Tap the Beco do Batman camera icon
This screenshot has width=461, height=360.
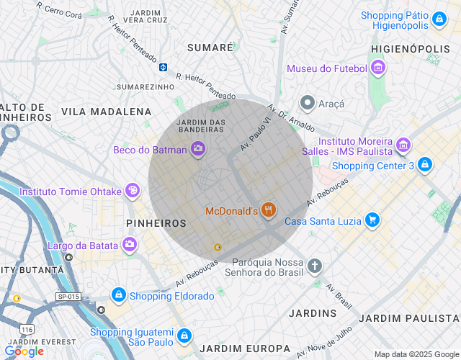point(198,150)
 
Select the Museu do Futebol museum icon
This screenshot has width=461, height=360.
point(378,68)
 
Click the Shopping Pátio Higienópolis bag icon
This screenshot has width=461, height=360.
point(439,19)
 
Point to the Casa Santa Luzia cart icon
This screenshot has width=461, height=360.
point(372,220)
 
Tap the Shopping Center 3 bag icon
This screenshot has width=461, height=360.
point(425,166)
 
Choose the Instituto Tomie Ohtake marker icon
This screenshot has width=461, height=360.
point(133,192)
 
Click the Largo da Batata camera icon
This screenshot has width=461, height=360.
point(129,245)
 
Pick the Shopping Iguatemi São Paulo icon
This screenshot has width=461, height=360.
point(185,336)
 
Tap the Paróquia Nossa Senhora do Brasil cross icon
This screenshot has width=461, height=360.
point(314,266)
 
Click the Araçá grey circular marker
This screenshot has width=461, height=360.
point(308,104)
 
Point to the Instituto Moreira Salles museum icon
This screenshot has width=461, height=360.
point(403,146)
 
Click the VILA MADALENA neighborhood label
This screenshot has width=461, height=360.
point(107,112)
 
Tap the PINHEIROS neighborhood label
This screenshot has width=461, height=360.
point(156,224)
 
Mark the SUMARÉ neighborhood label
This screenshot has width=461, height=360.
point(210,47)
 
